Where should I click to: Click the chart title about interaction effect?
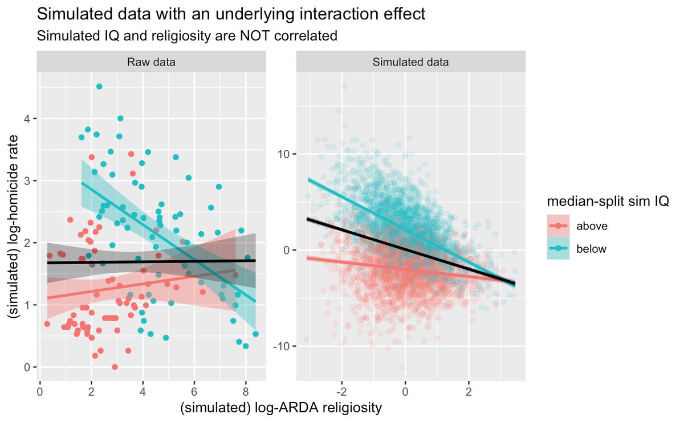click(x=231, y=14)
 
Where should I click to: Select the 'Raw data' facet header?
click(x=151, y=63)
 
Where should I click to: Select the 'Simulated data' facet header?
click(x=410, y=63)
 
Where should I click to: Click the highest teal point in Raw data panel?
click(x=99, y=87)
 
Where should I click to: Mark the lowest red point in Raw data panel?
click(x=115, y=367)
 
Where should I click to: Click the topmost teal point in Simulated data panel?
click(x=344, y=87)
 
